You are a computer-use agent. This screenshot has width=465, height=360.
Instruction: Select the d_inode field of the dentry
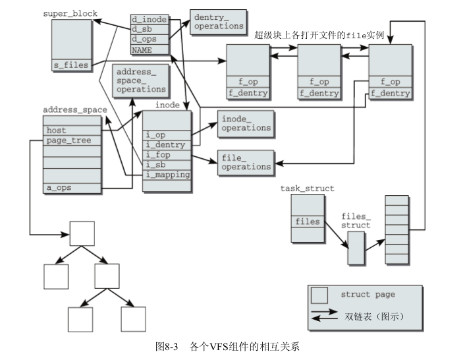pyautogui.click(x=148, y=19)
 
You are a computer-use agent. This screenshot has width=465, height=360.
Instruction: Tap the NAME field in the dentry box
pyautogui.click(x=148, y=49)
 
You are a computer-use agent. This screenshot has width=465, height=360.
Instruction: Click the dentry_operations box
pyautogui.click(x=218, y=21)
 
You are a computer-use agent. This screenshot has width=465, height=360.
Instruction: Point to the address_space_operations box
pyautogui.click(x=141, y=80)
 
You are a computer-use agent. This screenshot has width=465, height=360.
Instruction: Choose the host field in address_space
pyautogui.click(x=71, y=131)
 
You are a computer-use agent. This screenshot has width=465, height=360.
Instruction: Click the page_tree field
pyautogui.click(x=71, y=140)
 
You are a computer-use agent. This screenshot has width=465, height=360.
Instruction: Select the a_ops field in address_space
pyautogui.click(x=71, y=188)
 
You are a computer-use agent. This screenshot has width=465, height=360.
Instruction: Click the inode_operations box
pyautogui.click(x=245, y=123)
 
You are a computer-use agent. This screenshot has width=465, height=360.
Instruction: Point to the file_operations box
pyautogui.click(x=245, y=162)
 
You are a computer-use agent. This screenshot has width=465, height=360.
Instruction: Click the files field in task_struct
pyautogui.click(x=308, y=222)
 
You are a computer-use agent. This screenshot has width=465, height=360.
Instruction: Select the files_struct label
pyautogui.click(x=356, y=220)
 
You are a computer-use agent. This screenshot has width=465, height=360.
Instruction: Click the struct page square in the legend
pyautogui.click(x=321, y=294)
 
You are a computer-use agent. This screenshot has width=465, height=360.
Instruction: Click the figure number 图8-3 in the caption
pyautogui.click(x=167, y=346)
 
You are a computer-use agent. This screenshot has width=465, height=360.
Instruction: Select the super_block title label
pyautogui.click(x=70, y=13)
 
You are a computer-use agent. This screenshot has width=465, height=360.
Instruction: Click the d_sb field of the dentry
pyautogui.click(x=148, y=29)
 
